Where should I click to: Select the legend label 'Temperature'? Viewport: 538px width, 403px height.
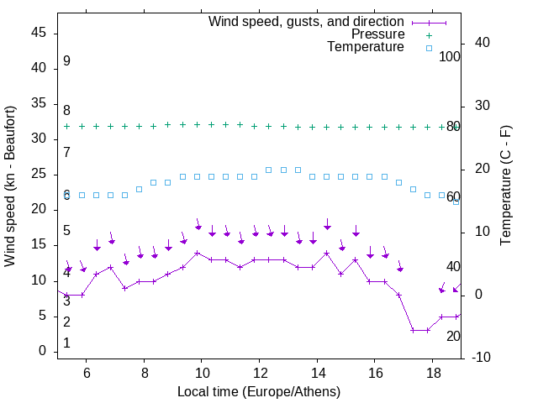point(366,47)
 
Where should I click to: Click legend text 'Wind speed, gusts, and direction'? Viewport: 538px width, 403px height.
point(307,21)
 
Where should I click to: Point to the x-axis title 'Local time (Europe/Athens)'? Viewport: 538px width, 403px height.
point(259,392)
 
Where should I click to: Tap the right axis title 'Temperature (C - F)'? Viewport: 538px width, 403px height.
point(505,186)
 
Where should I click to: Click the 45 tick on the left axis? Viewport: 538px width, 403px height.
point(38,33)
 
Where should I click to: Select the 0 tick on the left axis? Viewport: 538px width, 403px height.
point(42,351)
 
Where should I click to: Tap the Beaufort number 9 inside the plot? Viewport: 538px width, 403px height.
point(66,61)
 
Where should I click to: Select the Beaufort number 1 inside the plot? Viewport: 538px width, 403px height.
point(66,343)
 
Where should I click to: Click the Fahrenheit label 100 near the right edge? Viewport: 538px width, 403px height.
point(450,56)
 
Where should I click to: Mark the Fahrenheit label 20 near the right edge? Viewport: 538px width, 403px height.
point(453,336)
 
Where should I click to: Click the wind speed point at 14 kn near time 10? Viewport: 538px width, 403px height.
point(198,253)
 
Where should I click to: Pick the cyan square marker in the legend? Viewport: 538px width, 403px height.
point(429,48)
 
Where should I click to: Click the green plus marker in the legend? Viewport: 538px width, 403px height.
point(429,35)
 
